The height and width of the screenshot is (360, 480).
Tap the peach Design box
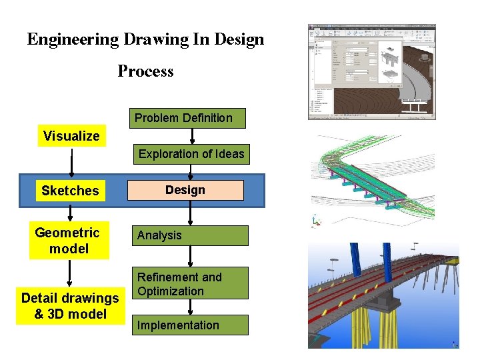185,190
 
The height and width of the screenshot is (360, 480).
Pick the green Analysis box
190,235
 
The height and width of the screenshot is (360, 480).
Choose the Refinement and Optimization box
190,283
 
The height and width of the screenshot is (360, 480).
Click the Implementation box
190,325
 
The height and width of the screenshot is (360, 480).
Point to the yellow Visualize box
71,136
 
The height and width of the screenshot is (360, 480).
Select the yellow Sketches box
70,191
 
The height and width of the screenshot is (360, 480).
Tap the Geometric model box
68,241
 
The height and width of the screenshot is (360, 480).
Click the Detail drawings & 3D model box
70,306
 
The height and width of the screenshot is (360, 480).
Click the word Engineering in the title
73,39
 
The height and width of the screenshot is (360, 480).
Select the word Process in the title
145,71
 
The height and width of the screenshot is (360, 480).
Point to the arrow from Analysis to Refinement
191,257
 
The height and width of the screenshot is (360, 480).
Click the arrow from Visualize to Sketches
71,161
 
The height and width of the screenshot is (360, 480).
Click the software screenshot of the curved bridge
371,72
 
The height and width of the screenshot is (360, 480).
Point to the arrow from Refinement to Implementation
191,307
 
